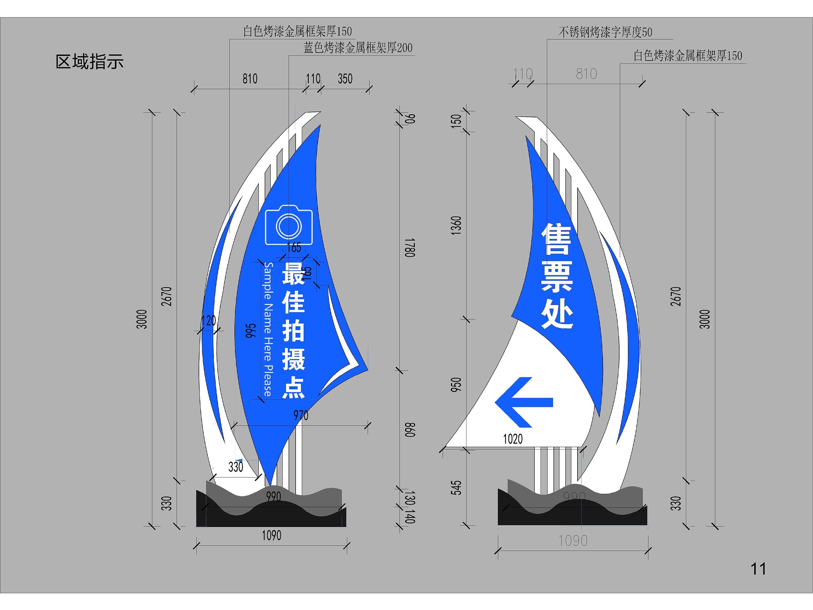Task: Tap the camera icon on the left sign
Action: pyautogui.click(x=289, y=225)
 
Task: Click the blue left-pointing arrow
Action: pyautogui.click(x=524, y=402)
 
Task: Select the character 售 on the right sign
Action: pyautogui.click(x=556, y=239)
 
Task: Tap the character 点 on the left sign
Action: pyautogui.click(x=293, y=387)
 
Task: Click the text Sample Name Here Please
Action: pyautogui.click(x=268, y=329)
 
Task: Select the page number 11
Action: pyautogui.click(x=758, y=569)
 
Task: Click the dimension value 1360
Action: pyautogui.click(x=456, y=225)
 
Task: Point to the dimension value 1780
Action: pyautogui.click(x=410, y=248)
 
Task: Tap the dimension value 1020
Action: pyautogui.click(x=512, y=439)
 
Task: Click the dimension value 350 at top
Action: pyautogui.click(x=345, y=79)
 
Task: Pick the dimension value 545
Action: pyautogui.click(x=456, y=487)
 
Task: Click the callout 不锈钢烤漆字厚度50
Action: pyautogui.click(x=605, y=32)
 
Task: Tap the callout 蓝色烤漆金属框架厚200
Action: pyautogui.click(x=358, y=48)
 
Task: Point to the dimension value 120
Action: pyautogui.click(x=208, y=321)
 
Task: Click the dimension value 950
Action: pyautogui.click(x=456, y=384)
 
